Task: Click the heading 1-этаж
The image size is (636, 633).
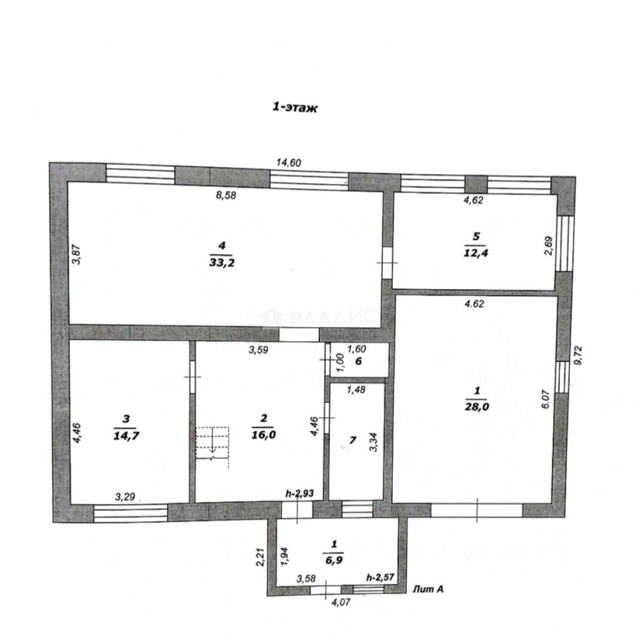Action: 295,107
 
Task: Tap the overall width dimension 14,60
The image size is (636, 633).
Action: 289,162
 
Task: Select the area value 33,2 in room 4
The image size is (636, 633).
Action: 222,263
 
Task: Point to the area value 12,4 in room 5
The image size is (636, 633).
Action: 476,253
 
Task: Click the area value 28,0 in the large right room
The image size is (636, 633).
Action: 477,407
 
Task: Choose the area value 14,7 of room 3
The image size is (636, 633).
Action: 126,436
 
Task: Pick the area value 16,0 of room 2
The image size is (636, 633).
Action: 264,435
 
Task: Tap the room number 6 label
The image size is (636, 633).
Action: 359,361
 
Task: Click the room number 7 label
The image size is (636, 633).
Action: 353,440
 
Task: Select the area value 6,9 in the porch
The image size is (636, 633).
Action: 334,560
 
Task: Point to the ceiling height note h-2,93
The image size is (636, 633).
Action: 300,494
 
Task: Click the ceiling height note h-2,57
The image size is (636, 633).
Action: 380,577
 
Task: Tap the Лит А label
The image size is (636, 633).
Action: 428,589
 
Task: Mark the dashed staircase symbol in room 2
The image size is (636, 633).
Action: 212,447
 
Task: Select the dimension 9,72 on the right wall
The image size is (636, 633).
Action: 579,355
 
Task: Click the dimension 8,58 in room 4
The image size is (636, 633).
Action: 226,195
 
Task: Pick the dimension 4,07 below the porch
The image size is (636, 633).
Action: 341,603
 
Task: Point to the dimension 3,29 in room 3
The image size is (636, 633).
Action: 125,497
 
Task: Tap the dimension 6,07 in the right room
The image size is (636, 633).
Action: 546,399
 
